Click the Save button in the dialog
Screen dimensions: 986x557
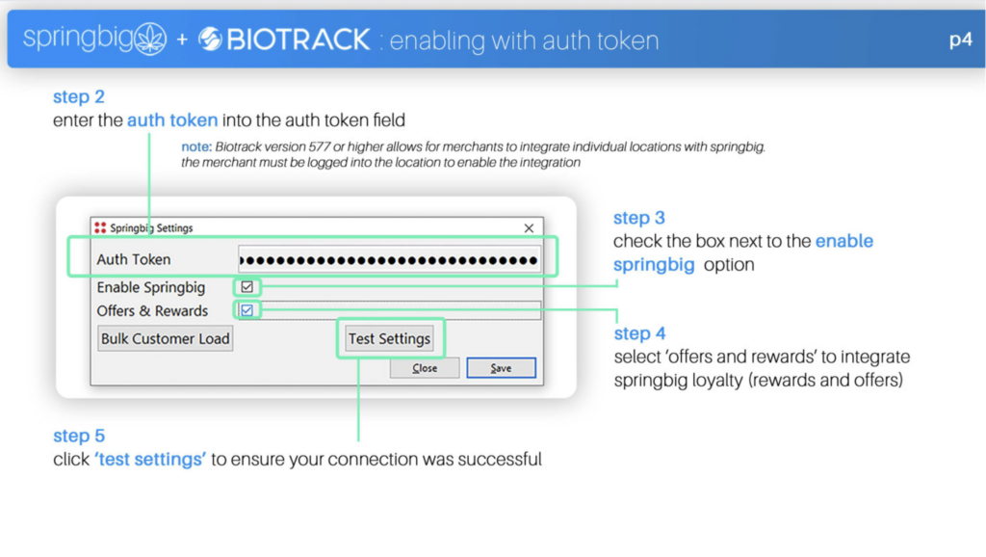tap(501, 368)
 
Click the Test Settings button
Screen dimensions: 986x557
tap(389, 338)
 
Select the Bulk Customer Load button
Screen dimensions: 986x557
tap(166, 338)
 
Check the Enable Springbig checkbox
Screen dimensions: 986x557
tap(247, 287)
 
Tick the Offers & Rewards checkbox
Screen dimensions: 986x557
tap(247, 310)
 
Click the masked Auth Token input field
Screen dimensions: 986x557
tap(389, 260)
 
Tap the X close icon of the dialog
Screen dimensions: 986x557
tap(529, 227)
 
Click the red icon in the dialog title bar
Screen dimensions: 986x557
tap(100, 227)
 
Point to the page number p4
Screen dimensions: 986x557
tap(960, 40)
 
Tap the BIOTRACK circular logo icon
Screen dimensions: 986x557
tap(211, 39)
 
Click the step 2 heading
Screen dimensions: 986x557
tap(79, 97)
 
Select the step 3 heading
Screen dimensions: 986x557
tap(639, 218)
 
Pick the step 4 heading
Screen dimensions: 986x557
tap(639, 333)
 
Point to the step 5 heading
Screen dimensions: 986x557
tap(79, 436)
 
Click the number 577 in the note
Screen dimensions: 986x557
tap(319, 147)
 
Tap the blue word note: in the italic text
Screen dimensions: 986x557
tap(196, 147)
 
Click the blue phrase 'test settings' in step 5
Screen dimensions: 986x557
tap(150, 460)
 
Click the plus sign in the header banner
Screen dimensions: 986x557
tap(182, 40)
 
